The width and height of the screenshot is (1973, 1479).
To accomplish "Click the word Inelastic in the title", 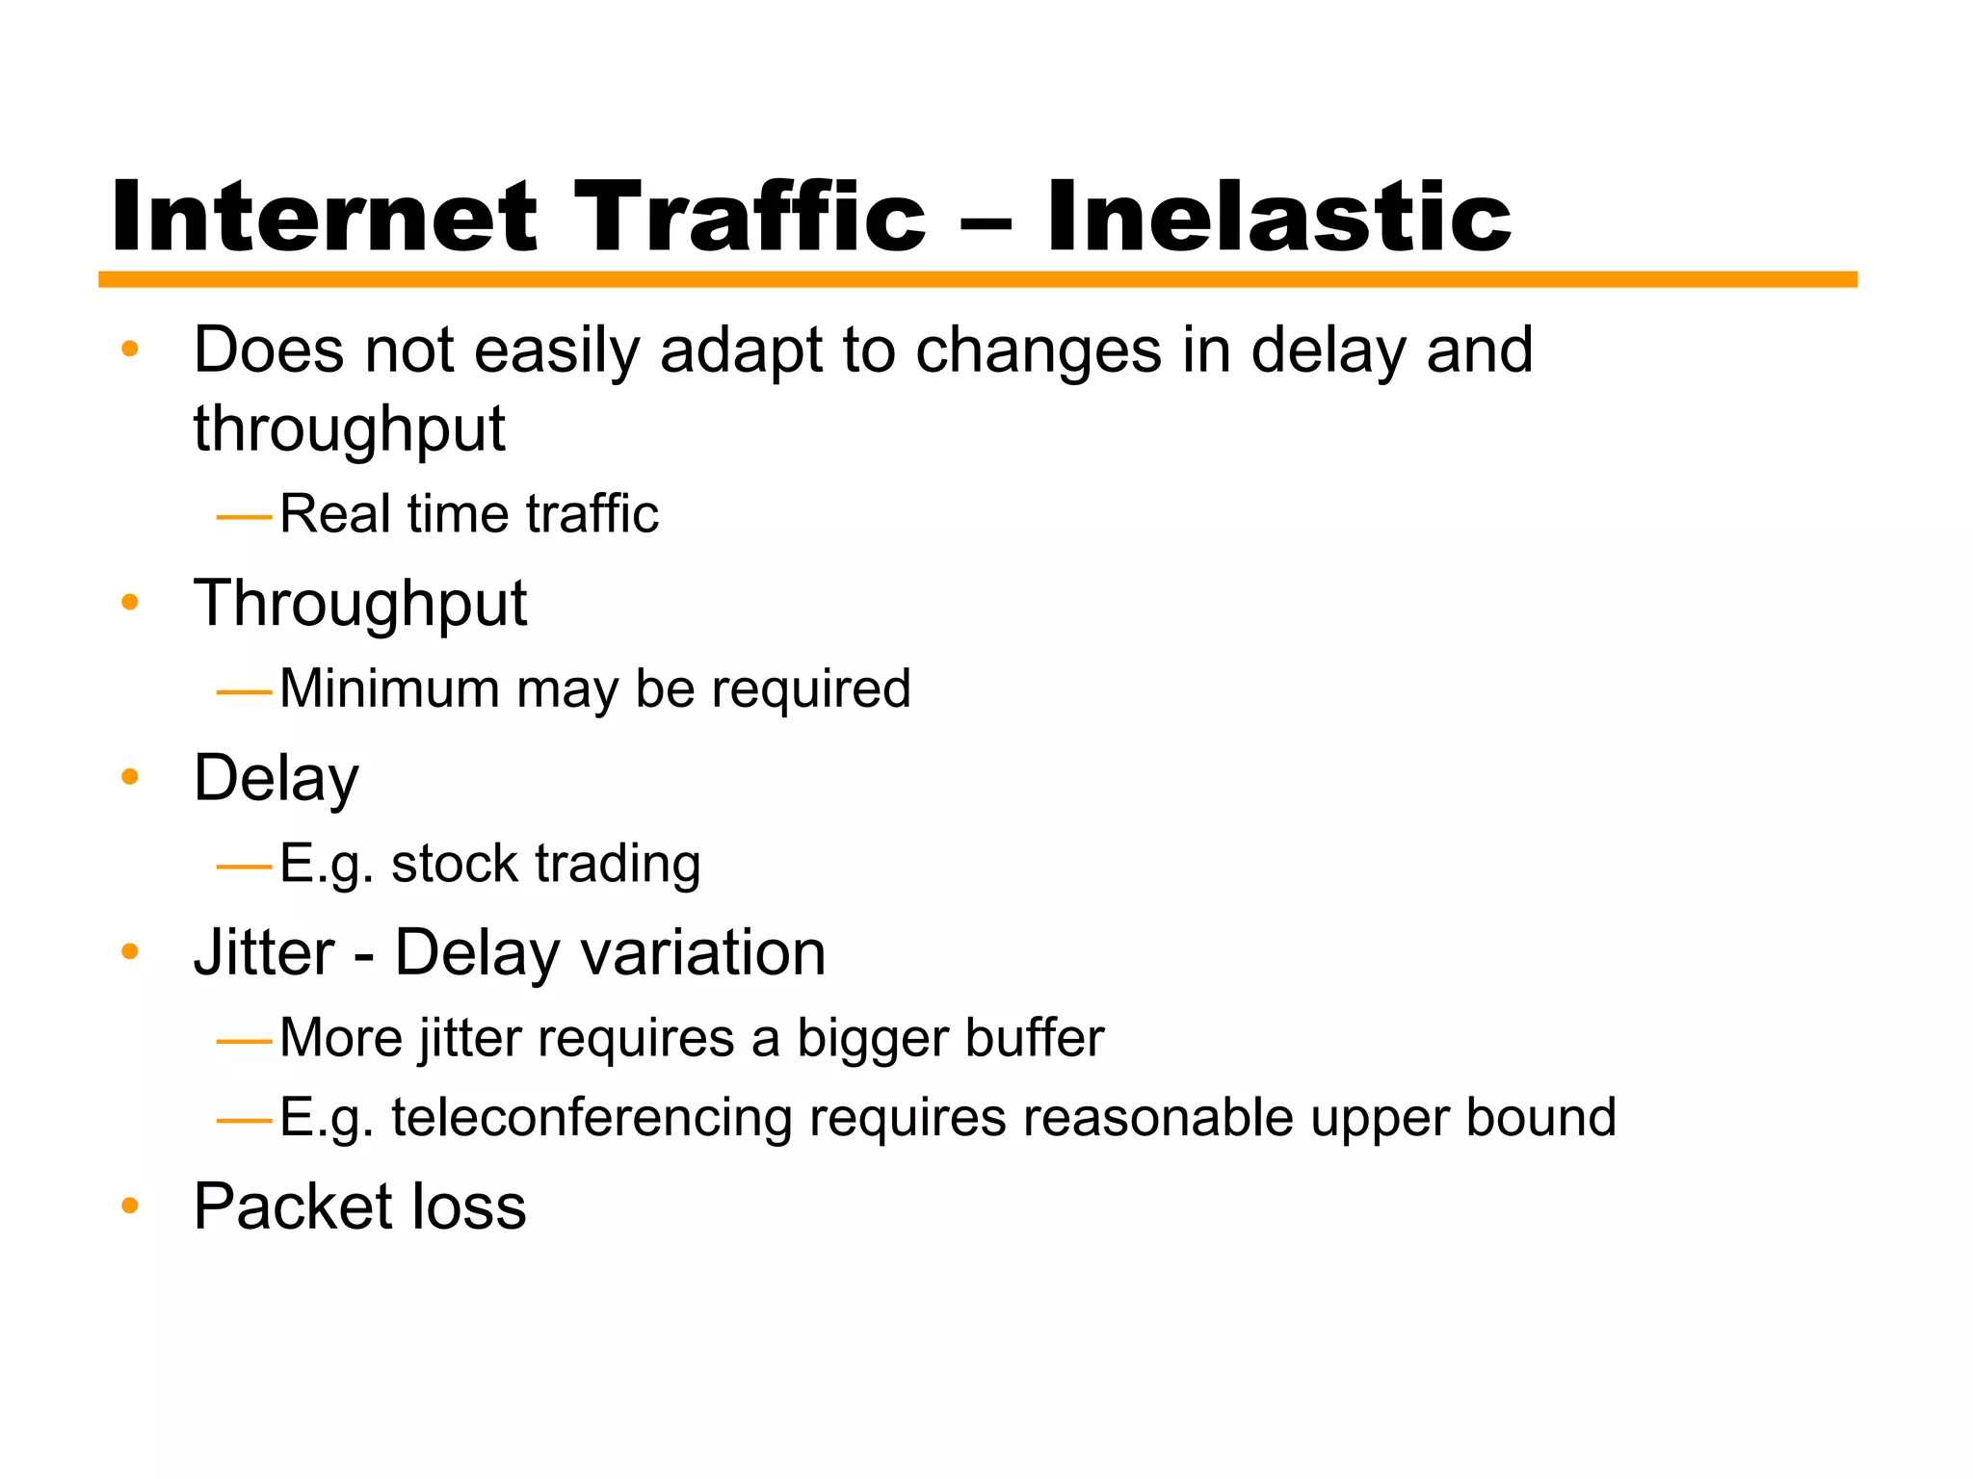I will (1278, 218).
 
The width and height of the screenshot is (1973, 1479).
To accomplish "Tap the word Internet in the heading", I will (324, 218).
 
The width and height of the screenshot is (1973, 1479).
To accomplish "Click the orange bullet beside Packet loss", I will (130, 1205).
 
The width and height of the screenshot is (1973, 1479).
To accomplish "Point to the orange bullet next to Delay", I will (130, 776).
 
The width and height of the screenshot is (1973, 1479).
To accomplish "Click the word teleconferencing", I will (591, 1118).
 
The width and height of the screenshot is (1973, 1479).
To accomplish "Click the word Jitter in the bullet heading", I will (263, 953).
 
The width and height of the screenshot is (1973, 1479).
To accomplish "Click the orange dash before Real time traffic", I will (245, 518).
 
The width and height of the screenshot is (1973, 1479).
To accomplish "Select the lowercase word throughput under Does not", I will (349, 429).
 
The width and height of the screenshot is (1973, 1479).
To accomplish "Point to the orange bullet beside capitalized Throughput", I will (130, 603).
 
